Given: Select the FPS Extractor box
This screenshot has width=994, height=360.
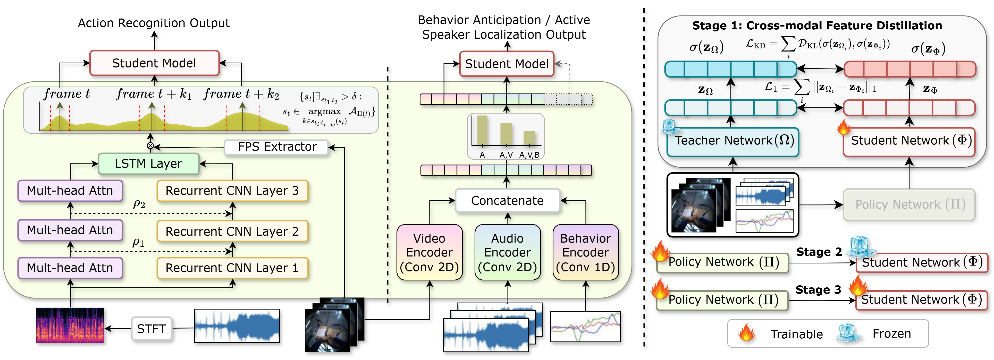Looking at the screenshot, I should click(x=277, y=147).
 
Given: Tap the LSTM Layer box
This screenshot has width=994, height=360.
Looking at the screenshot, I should click(x=149, y=164).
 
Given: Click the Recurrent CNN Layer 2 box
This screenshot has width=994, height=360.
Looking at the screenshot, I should click(x=232, y=231).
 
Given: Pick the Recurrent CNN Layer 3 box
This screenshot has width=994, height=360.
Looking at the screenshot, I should click(x=232, y=191).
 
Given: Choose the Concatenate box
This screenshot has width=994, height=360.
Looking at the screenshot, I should click(x=507, y=201).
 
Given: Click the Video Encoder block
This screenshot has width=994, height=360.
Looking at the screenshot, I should click(x=429, y=252).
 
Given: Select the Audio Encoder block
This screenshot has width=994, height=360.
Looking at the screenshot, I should click(x=507, y=252).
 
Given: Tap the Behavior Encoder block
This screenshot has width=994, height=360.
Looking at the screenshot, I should click(x=585, y=252).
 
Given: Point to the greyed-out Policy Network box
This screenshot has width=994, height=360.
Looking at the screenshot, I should click(x=909, y=204).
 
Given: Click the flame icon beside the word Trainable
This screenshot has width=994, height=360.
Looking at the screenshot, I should click(x=746, y=333).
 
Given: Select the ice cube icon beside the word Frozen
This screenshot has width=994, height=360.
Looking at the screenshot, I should click(x=848, y=333).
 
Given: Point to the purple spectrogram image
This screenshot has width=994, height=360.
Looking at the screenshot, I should click(x=70, y=325).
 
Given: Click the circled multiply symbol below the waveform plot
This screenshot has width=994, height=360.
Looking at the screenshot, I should click(x=150, y=146).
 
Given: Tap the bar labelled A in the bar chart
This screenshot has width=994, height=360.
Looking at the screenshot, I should click(x=482, y=130).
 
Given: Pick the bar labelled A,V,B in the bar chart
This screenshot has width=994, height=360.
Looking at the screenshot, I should click(x=529, y=138).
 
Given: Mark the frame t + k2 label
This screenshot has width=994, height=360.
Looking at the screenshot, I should click(x=242, y=94).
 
